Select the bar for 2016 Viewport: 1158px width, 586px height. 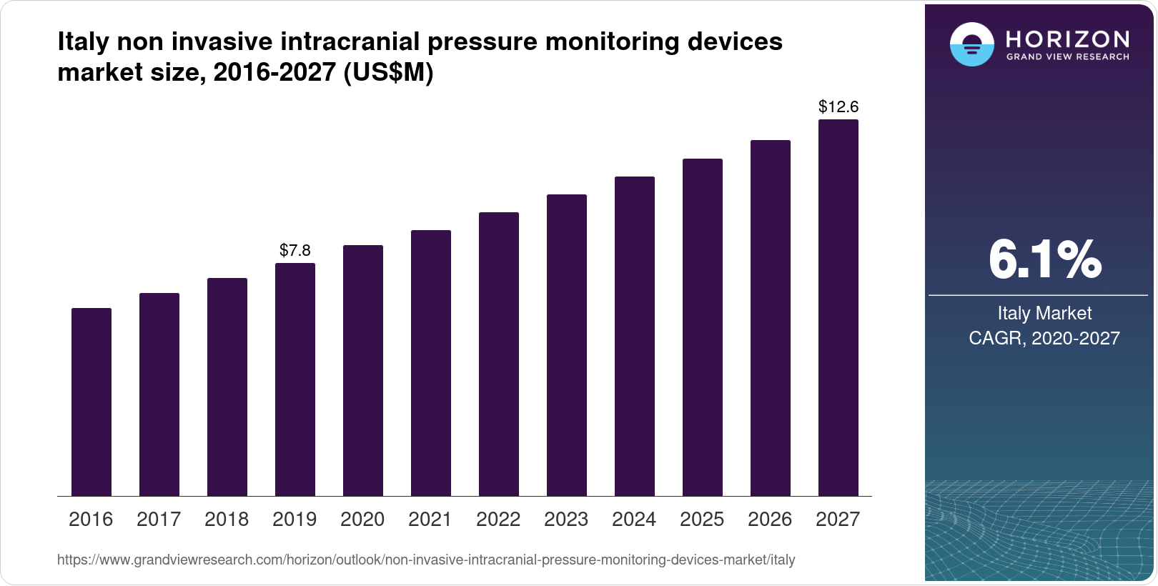click(x=91, y=402)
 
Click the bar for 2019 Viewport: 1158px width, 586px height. click(x=295, y=379)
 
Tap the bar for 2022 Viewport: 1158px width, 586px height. click(x=499, y=354)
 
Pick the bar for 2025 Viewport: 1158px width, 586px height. click(x=703, y=327)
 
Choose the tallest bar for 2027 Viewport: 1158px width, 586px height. click(x=838, y=307)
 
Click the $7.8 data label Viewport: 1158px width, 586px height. click(x=295, y=250)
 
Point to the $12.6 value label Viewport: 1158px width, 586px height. click(x=838, y=107)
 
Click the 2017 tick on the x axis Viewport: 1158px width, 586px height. click(x=159, y=520)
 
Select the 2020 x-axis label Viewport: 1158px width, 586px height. click(x=362, y=520)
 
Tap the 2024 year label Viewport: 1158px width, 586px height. click(x=634, y=520)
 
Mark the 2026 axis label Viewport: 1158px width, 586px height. click(x=770, y=520)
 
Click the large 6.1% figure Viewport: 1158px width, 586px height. click(x=1044, y=260)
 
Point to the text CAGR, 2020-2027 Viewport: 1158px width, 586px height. click(x=1044, y=338)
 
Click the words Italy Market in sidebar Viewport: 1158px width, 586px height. click(x=1044, y=313)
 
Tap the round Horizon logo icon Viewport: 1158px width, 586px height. click(x=971, y=44)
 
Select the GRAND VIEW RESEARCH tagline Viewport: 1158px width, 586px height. click(x=1067, y=56)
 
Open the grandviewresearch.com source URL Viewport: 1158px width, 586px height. click(x=426, y=560)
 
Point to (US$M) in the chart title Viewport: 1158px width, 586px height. click(x=389, y=72)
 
